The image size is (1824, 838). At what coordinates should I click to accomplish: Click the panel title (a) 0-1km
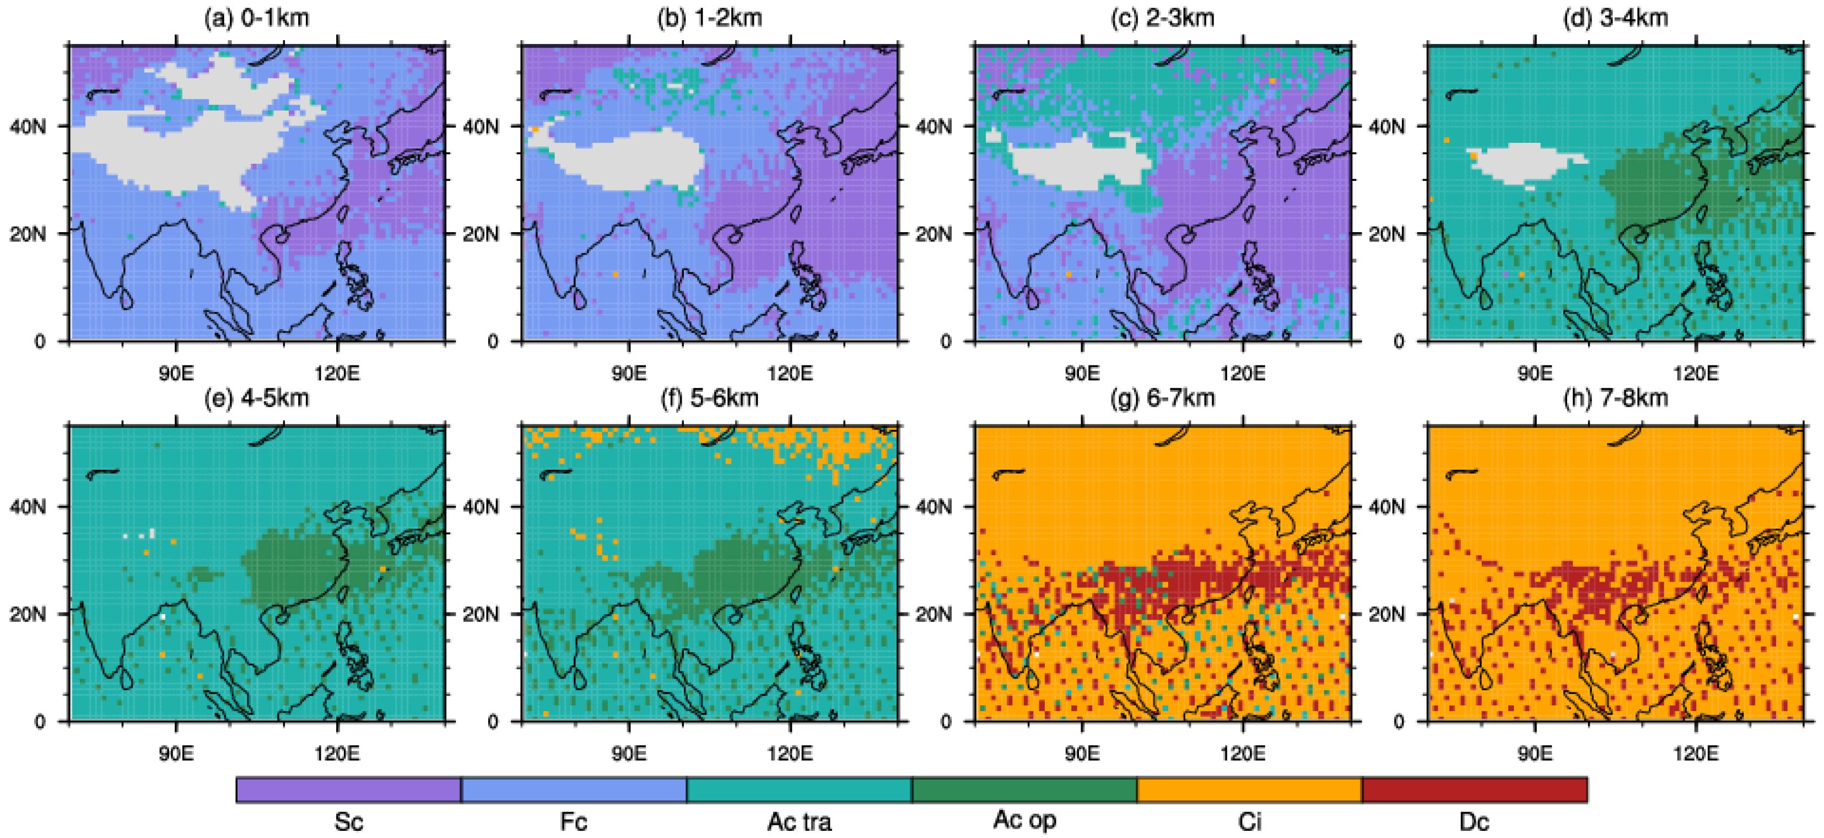click(x=256, y=17)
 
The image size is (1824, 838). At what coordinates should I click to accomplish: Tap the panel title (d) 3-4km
click(x=1615, y=17)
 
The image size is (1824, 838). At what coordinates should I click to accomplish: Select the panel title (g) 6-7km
click(x=1162, y=398)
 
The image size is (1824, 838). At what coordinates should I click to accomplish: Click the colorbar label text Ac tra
click(x=798, y=821)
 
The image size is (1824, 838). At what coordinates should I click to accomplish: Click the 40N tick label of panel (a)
click(x=28, y=127)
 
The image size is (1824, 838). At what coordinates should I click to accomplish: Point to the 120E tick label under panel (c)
click(x=1243, y=373)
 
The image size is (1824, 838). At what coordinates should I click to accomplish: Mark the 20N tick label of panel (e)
click(x=28, y=614)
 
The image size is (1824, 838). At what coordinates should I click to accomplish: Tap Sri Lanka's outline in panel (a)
click(x=126, y=298)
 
